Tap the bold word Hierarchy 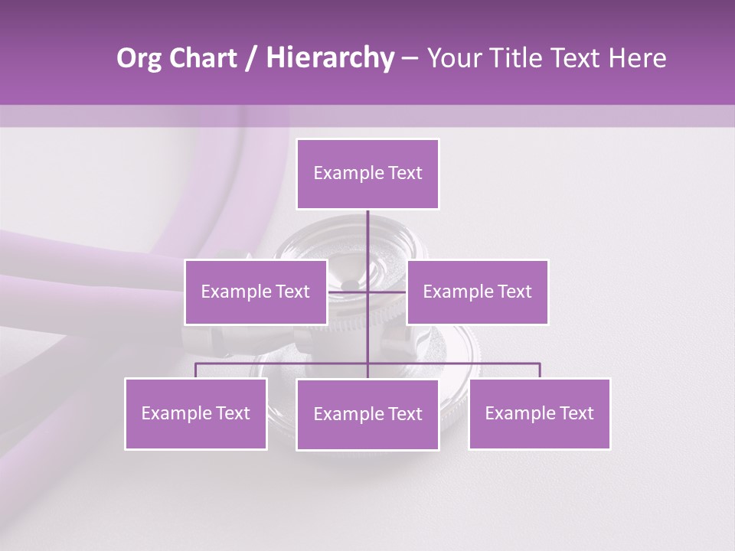[x=329, y=58]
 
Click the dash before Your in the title [x=410, y=58]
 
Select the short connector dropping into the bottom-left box [x=196, y=371]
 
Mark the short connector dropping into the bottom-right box [x=539, y=371]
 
